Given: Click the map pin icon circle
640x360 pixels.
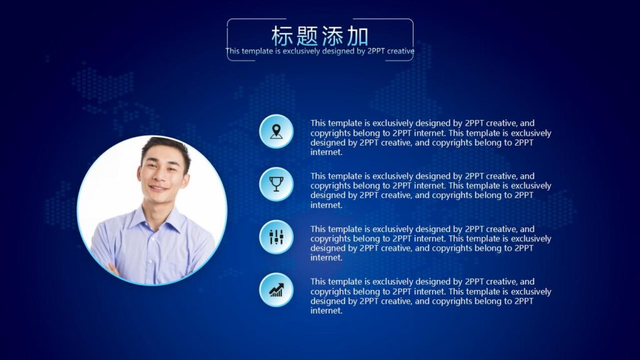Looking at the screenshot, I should pyautogui.click(x=276, y=131).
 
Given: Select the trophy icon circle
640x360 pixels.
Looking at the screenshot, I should pyautogui.click(x=276, y=184).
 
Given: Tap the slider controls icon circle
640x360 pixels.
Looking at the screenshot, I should pyautogui.click(x=276, y=237).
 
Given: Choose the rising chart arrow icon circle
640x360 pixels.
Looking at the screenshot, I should pyautogui.click(x=276, y=290).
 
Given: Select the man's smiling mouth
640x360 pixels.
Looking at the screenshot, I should pyautogui.click(x=158, y=187).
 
